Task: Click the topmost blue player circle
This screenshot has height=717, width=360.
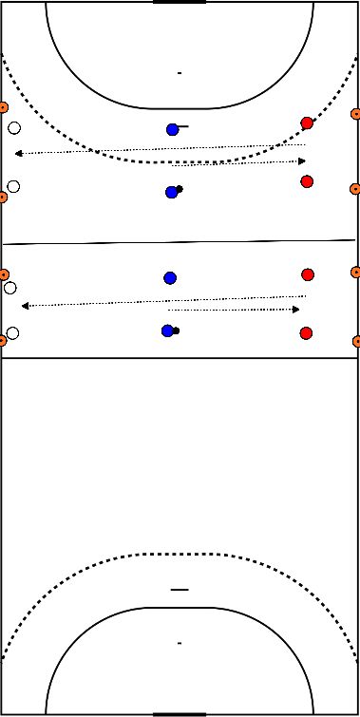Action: click(172, 129)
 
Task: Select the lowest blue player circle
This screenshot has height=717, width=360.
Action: click(167, 330)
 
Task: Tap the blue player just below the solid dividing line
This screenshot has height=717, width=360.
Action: click(170, 277)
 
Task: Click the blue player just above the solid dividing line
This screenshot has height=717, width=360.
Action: click(172, 192)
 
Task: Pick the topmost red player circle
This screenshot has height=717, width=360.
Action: click(307, 123)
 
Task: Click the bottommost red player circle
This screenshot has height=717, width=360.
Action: click(306, 333)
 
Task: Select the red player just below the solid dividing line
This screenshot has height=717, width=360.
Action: click(308, 274)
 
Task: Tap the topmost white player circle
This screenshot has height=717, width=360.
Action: click(13, 128)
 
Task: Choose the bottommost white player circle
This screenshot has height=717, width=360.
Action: click(12, 333)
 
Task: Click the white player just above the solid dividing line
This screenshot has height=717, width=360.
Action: click(12, 187)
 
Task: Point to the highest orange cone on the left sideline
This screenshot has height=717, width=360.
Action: click(3, 107)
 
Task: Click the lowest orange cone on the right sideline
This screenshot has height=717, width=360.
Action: click(356, 341)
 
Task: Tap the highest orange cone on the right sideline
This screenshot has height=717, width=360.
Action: click(356, 113)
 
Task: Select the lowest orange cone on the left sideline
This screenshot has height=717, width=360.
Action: click(3, 340)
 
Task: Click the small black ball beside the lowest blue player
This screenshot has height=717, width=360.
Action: click(176, 330)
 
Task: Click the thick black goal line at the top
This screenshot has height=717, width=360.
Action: click(179, 2)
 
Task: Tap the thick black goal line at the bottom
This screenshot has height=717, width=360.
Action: click(179, 714)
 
